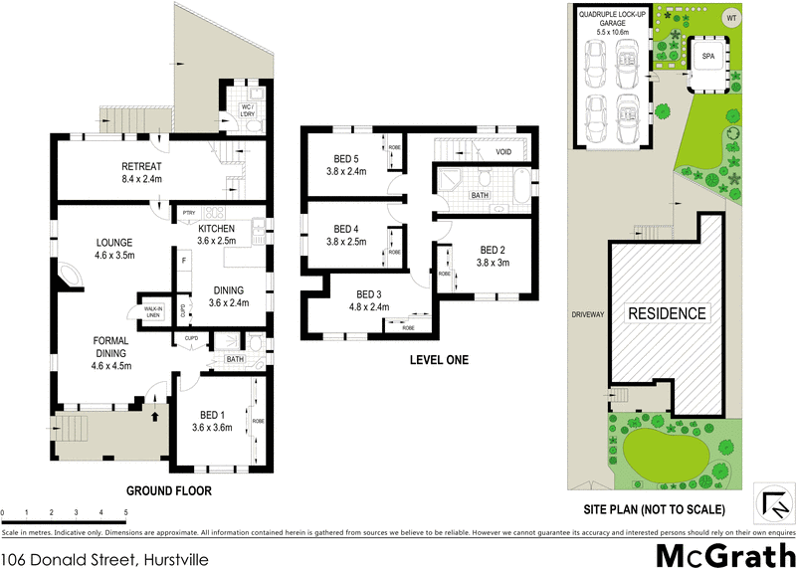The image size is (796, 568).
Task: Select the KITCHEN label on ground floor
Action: pos(216,228)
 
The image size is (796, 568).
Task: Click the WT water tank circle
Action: pos(732,18)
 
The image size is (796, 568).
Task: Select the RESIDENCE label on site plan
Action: pos(666,313)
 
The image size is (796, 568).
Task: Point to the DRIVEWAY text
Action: pos(588,314)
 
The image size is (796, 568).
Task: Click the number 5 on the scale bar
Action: pos(126,513)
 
